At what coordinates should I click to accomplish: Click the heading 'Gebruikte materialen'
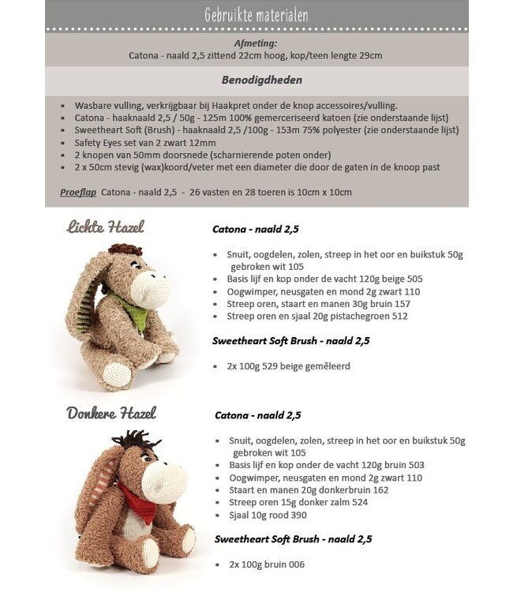click(x=256, y=15)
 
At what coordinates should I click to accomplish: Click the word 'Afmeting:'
click(x=256, y=43)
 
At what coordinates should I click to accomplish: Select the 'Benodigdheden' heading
click(x=256, y=80)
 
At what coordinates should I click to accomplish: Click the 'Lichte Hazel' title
click(x=105, y=227)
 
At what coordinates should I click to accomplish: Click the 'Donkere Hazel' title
click(x=110, y=413)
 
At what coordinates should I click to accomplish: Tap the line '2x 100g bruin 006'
click(x=267, y=564)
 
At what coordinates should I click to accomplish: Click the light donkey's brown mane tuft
click(x=125, y=250)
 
